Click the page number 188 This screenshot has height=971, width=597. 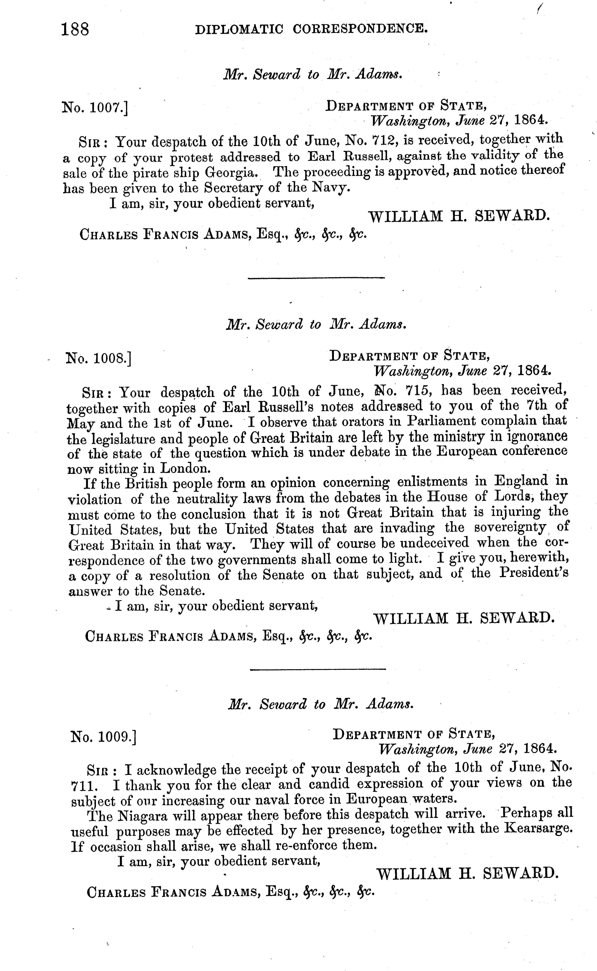(x=75, y=29)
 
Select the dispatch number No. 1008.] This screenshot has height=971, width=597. (x=99, y=358)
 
